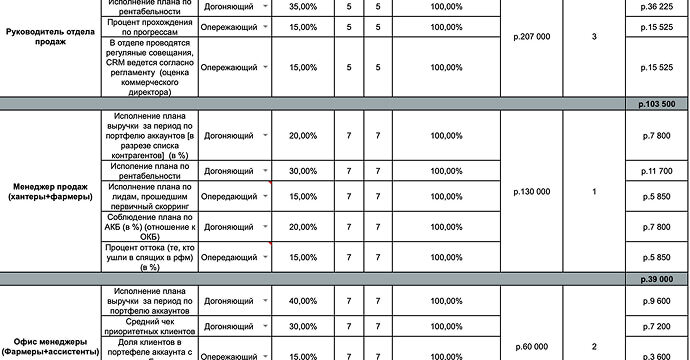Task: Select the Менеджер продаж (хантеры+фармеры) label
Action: pyautogui.click(x=50, y=191)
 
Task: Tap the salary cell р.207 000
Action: pyautogui.click(x=530, y=37)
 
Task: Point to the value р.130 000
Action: pyautogui.click(x=530, y=191)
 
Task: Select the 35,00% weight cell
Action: pyautogui.click(x=300, y=7)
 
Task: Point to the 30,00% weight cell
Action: pyautogui.click(x=300, y=171)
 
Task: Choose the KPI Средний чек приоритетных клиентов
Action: pyautogui.click(x=147, y=326)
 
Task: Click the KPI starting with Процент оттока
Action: pyautogui.click(x=147, y=257)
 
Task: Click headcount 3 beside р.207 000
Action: pyautogui.click(x=594, y=37)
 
